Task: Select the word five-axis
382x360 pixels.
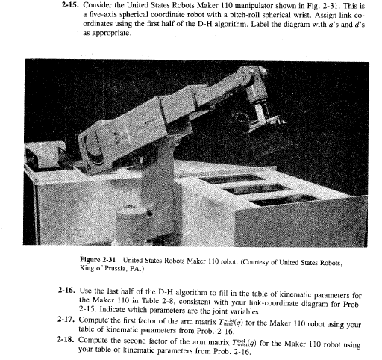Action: [x=104, y=14]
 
